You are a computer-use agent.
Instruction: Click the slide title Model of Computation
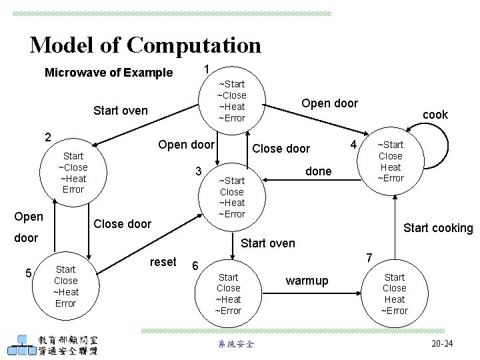pyautogui.click(x=145, y=45)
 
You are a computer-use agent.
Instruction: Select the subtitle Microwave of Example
pyautogui.click(x=108, y=73)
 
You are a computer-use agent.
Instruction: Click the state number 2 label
pyautogui.click(x=47, y=138)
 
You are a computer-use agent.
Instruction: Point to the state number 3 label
pyautogui.click(x=198, y=171)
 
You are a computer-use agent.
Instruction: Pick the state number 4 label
pyautogui.click(x=355, y=145)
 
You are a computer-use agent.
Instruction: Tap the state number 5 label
pyautogui.click(x=29, y=272)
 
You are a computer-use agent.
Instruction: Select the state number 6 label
pyautogui.click(x=195, y=265)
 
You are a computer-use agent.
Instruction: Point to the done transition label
pyautogui.click(x=318, y=171)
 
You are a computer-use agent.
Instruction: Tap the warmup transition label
pyautogui.click(x=307, y=281)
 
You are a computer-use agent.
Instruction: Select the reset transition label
pyautogui.click(x=163, y=262)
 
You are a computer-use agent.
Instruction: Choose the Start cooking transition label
pyautogui.click(x=438, y=228)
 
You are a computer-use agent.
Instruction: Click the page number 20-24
pyautogui.click(x=441, y=343)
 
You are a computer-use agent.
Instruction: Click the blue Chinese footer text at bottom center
pyautogui.click(x=235, y=344)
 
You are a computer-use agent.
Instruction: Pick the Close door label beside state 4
pyautogui.click(x=281, y=149)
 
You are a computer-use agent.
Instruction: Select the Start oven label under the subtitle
pyautogui.click(x=121, y=110)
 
